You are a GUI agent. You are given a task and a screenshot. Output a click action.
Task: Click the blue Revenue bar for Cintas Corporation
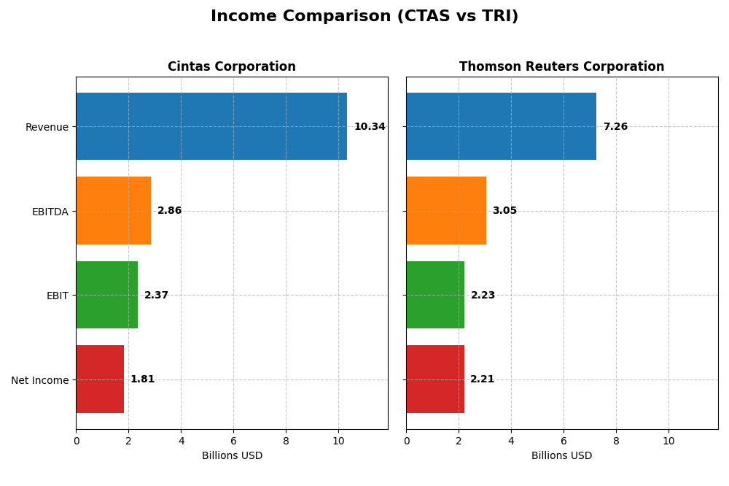[x=211, y=126]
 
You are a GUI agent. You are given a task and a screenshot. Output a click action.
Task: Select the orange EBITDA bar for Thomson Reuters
[x=446, y=211]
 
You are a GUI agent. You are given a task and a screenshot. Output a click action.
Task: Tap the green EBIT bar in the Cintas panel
[x=107, y=295]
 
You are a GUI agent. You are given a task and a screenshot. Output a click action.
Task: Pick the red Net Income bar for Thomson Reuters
[x=435, y=379]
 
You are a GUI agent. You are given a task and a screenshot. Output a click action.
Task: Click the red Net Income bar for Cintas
[x=100, y=379]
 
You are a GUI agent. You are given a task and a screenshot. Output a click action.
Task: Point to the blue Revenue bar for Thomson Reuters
[x=501, y=126]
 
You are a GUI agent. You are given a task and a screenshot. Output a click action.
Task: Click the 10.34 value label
[x=370, y=127]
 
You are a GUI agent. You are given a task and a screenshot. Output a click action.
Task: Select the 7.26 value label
[x=615, y=127]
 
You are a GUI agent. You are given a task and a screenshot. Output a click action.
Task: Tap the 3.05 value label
[x=504, y=211]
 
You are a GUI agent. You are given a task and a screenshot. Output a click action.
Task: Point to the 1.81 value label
[x=142, y=379]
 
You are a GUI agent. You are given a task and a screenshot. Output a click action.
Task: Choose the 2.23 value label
[x=483, y=296]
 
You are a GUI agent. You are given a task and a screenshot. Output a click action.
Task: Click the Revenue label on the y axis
[x=47, y=128]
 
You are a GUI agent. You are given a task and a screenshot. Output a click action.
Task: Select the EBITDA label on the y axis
[x=50, y=212]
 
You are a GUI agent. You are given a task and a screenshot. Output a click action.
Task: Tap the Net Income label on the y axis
[x=39, y=380]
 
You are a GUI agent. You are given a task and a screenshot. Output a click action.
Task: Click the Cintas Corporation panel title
[x=232, y=67]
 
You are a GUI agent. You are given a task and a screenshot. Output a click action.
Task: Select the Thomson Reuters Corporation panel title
[x=561, y=67]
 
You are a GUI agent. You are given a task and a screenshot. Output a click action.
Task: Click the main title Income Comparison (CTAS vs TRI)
[x=364, y=17]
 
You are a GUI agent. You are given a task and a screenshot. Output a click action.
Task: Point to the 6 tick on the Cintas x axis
[x=233, y=441]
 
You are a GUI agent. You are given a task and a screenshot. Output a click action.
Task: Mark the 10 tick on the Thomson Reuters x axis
[x=668, y=441]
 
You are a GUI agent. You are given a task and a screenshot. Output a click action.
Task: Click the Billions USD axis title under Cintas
[x=232, y=456]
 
